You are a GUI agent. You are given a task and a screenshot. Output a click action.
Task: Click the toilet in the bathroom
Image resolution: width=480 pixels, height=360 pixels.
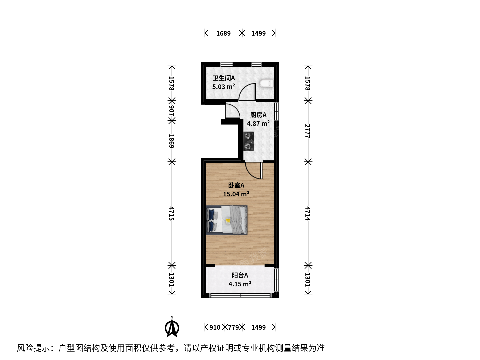(266, 83)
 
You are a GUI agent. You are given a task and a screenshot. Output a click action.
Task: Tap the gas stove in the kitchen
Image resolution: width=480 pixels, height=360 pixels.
(249, 141)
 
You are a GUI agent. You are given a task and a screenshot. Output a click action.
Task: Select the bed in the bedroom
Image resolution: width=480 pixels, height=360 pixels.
(227, 220)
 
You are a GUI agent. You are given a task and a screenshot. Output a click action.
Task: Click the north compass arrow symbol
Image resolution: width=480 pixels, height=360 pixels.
(172, 328)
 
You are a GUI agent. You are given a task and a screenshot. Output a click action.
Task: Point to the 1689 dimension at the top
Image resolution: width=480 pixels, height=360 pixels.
(223, 33)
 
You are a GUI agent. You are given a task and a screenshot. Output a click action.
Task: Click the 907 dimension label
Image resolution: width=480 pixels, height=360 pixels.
(172, 111)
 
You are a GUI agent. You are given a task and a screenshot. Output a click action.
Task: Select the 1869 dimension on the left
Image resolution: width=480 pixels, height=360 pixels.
(172, 141)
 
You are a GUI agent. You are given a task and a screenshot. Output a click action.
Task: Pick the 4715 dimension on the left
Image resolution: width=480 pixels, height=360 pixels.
(172, 214)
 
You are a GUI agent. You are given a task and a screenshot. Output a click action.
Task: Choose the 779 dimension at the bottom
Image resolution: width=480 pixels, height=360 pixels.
(233, 327)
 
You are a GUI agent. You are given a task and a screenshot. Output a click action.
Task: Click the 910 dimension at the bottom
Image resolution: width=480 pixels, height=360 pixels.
(215, 327)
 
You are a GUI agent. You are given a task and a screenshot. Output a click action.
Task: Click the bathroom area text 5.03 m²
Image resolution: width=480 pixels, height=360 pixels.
(223, 87)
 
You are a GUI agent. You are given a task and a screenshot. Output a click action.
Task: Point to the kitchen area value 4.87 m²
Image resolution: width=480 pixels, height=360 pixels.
(258, 123)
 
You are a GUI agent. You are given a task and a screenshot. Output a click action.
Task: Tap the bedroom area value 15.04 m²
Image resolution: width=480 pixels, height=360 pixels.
(236, 194)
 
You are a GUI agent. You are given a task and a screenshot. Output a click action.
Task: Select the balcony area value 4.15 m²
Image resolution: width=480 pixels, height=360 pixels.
(240, 284)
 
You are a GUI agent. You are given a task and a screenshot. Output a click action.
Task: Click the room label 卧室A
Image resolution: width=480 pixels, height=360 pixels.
(236, 185)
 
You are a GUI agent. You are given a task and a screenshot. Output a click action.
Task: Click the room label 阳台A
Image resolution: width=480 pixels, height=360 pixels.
(240, 275)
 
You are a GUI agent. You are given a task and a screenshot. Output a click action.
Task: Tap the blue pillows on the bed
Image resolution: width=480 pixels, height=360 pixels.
(211, 220)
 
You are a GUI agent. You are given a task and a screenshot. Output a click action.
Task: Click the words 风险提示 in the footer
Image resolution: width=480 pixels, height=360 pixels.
(33, 348)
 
